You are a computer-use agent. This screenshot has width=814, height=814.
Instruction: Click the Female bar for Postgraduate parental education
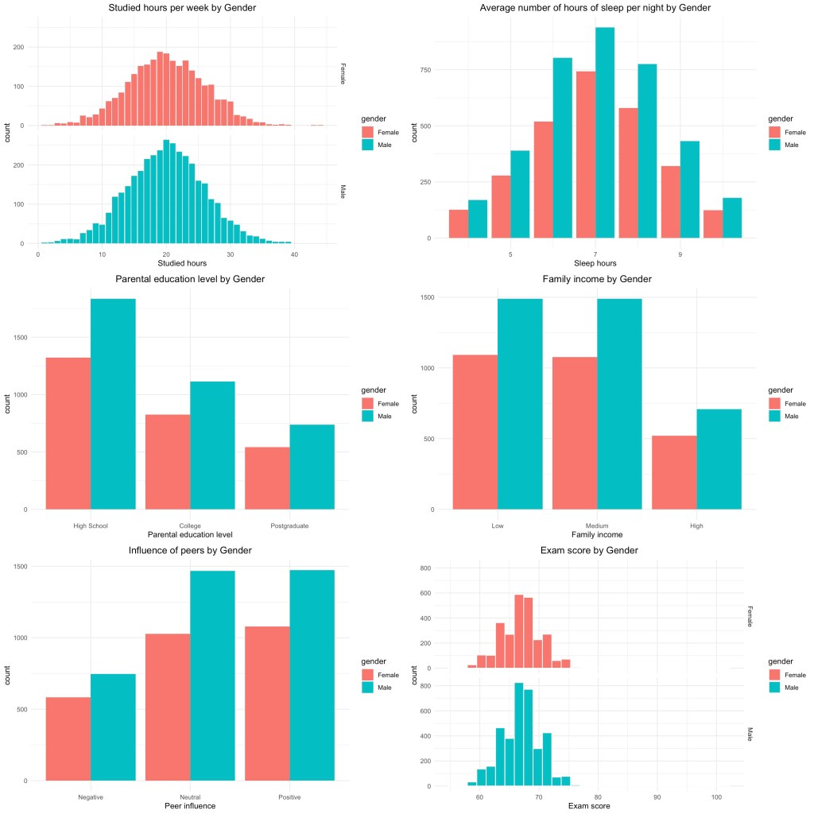click(267, 478)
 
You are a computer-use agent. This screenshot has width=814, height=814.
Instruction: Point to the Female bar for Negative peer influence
click(68, 738)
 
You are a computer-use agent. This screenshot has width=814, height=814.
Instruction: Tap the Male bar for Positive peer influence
click(312, 675)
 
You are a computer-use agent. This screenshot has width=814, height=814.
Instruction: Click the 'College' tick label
click(190, 525)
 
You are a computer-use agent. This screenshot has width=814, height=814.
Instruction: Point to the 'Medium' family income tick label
click(596, 525)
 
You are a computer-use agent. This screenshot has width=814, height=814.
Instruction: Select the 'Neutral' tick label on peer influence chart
click(190, 797)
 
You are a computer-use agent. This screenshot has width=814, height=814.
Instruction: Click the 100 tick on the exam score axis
click(716, 797)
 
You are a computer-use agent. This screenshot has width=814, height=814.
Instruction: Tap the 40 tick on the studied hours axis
click(294, 254)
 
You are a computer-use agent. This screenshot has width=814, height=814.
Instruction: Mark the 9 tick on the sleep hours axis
click(680, 254)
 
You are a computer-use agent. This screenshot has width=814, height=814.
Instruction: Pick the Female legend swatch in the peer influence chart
click(368, 674)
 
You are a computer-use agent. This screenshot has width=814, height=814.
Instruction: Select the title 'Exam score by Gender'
click(596, 550)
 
